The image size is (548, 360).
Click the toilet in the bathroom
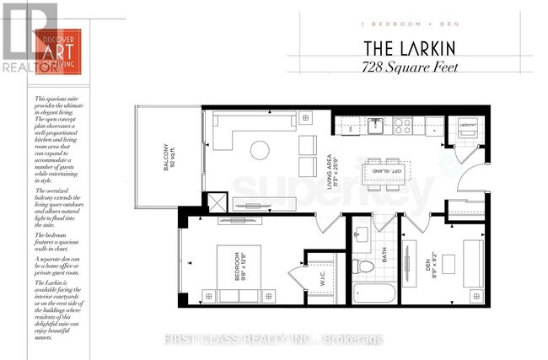[366, 266]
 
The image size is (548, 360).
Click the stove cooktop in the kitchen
[403, 127]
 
